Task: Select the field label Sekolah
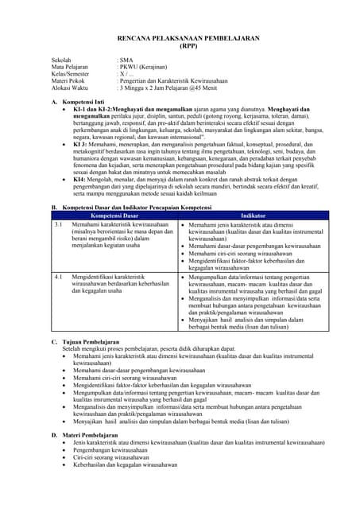(63, 60)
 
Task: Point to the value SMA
(127, 60)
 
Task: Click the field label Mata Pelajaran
(72, 68)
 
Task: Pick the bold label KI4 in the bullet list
(81, 179)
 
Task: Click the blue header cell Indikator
(253, 216)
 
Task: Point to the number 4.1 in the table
(58, 277)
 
